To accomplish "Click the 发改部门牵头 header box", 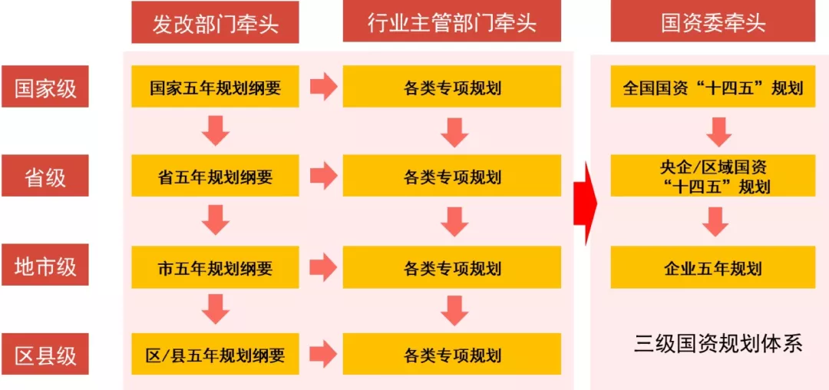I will pyautogui.click(x=215, y=22).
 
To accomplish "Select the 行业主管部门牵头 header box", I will pyautogui.click(x=451, y=22).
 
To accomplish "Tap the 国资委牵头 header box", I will pyautogui.click(x=712, y=22).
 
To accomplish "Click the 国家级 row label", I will pyautogui.click(x=45, y=87).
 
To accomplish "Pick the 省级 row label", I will pyautogui.click(x=45, y=177).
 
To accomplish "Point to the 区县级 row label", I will pyautogui.click(x=45, y=355).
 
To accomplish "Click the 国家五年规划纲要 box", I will pyautogui.click(x=215, y=87).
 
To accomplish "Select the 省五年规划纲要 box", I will pyautogui.click(x=215, y=177).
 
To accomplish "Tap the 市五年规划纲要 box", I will pyautogui.click(x=215, y=267).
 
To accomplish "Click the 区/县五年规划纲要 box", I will pyautogui.click(x=215, y=355).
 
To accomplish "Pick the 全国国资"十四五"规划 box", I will pyautogui.click(x=712, y=87).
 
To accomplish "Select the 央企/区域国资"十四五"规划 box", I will pyautogui.click(x=712, y=176).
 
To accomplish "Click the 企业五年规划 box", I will pyautogui.click(x=712, y=267).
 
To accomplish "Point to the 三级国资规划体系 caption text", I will pyautogui.click(x=718, y=343).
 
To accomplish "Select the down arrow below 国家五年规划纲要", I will pyautogui.click(x=216, y=131).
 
